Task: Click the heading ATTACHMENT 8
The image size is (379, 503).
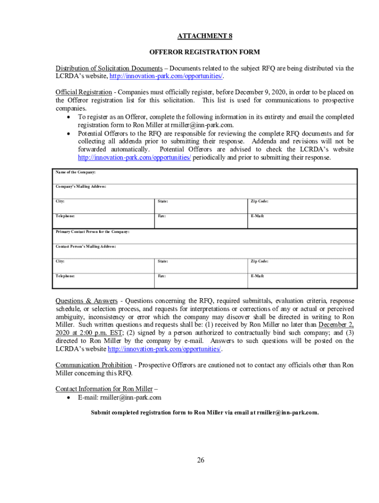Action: coord(204,36)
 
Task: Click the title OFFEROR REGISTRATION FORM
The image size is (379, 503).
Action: coord(204,52)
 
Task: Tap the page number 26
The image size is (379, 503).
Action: coord(200,460)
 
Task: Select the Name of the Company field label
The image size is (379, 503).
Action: coord(75,172)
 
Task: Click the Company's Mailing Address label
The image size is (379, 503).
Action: coord(81,187)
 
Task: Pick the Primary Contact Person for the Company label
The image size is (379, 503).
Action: coord(92,231)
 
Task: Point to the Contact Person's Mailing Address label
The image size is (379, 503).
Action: coord(86,246)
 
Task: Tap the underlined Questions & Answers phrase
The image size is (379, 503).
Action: coord(86,301)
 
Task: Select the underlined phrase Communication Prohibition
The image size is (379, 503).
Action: coord(94,365)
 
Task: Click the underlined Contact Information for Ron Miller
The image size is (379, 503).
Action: coord(104,389)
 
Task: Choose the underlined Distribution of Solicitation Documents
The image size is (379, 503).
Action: coord(109,68)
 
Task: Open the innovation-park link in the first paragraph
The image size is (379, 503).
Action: coord(166,76)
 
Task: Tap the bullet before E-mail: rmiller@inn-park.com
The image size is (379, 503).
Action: coord(68,397)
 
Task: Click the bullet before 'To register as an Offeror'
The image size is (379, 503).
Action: coord(68,117)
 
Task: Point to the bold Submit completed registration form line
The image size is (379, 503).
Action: coord(205,413)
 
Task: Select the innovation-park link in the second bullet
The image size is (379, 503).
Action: coord(134,158)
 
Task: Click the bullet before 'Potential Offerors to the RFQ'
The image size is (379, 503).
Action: coord(68,134)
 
